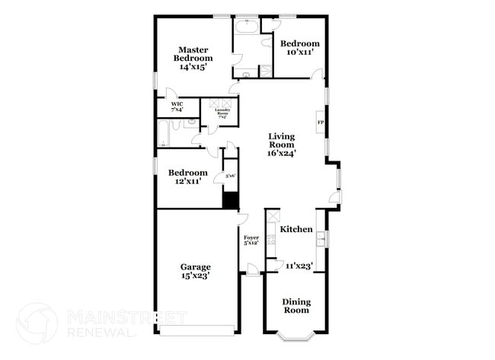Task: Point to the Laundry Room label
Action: [222, 113]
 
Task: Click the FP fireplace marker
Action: [321, 123]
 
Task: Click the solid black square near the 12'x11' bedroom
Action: [230, 199]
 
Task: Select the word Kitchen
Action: [295, 229]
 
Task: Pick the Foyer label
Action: [251, 240]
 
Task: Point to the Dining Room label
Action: [296, 306]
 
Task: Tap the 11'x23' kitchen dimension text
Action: [299, 266]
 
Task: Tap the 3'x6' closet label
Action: [229, 176]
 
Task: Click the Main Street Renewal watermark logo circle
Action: [36, 323]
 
